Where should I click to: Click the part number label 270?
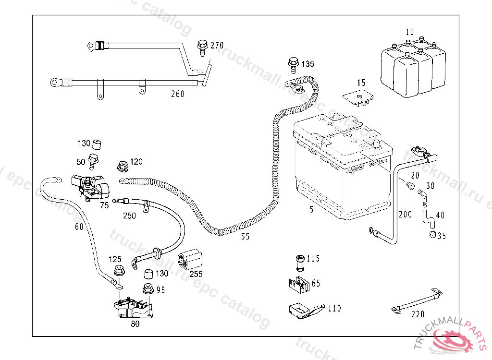pos(217,46)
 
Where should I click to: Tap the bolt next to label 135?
pos(292,63)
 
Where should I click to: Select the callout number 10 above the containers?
pos(409,32)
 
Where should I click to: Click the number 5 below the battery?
pos(311,209)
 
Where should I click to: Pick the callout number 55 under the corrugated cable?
pos(246,236)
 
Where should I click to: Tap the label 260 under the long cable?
pos(178,94)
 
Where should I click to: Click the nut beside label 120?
pos(122,166)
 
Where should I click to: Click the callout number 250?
pos(129,216)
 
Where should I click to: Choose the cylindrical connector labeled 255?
pos(191,260)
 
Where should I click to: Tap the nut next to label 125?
pos(118,271)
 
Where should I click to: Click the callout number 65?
pos(316,284)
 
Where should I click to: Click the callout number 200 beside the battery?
pos(406,214)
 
